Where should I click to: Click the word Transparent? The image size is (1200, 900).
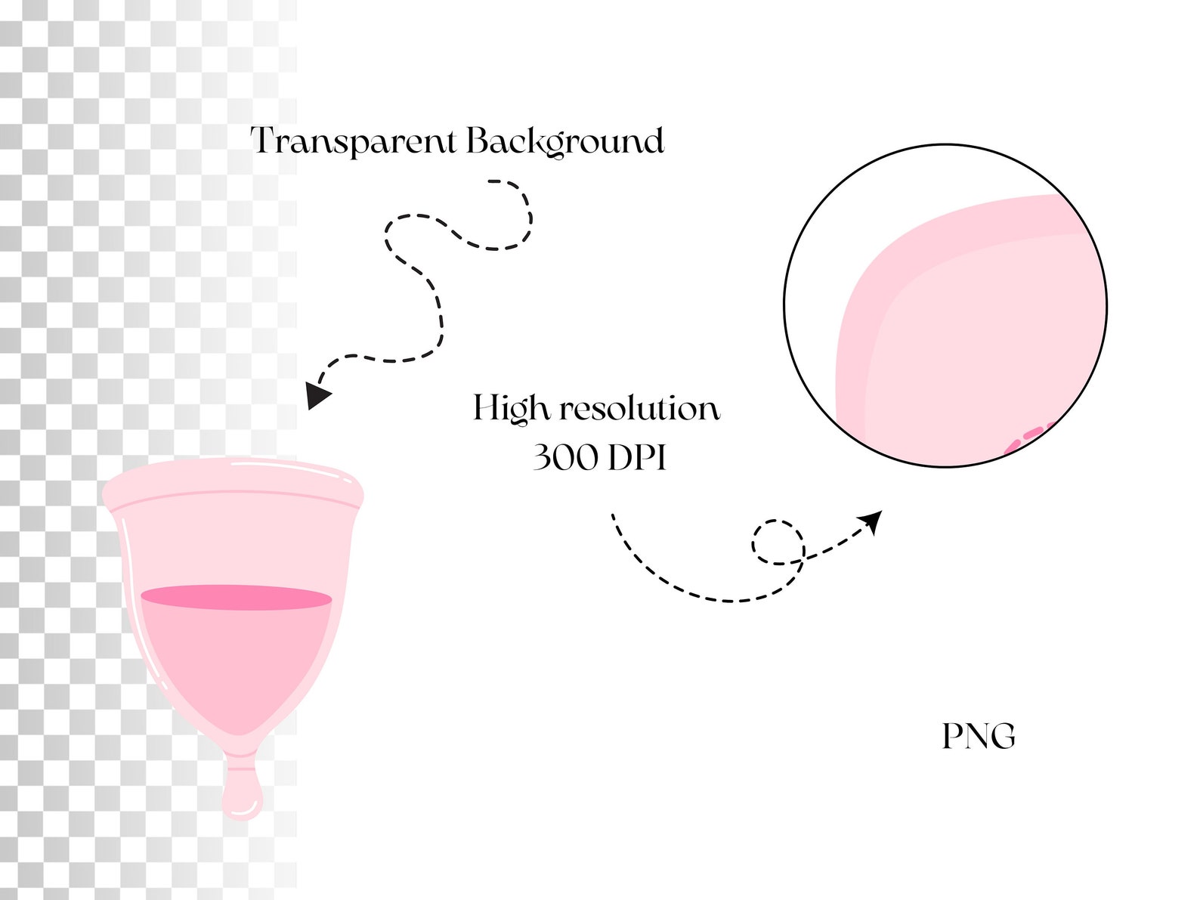click(353, 141)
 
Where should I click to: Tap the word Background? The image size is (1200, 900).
click(564, 141)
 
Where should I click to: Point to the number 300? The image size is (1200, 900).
click(565, 457)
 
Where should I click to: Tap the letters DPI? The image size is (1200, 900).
click(637, 457)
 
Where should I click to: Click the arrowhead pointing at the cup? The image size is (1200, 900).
click(317, 394)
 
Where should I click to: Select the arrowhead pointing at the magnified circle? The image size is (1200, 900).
click(871, 520)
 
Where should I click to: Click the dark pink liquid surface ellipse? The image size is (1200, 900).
click(237, 597)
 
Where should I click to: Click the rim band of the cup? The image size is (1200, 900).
click(233, 480)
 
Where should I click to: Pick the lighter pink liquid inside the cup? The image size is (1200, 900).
click(237, 661)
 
